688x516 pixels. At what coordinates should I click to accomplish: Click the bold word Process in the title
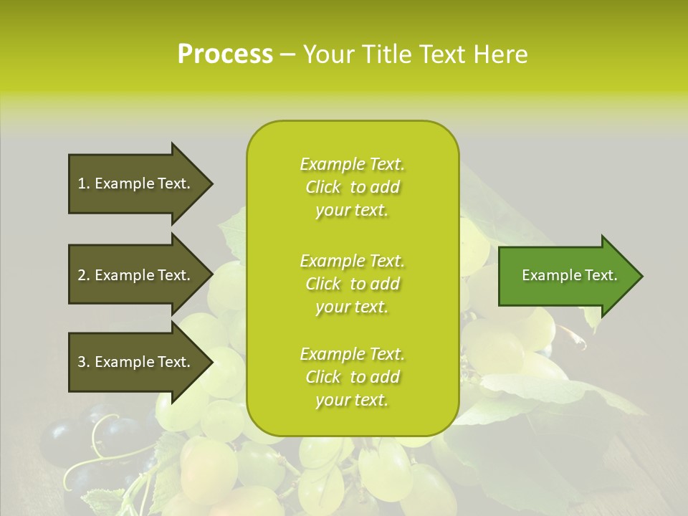tap(225, 54)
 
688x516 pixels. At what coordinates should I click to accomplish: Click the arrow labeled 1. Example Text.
tap(136, 183)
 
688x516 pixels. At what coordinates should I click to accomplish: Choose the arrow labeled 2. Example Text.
tap(136, 275)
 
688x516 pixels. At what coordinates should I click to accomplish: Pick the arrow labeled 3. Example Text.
tap(136, 362)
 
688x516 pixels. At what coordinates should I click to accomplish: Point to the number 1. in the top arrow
tap(84, 183)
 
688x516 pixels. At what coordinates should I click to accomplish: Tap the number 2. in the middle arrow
tap(84, 275)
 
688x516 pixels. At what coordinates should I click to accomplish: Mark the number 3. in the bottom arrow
tap(84, 362)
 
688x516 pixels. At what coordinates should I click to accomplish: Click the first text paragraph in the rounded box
tap(353, 187)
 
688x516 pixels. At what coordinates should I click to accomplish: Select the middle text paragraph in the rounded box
tap(353, 284)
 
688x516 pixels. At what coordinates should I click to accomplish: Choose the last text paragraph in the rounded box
tap(353, 377)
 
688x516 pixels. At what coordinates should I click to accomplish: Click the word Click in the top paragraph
tap(323, 187)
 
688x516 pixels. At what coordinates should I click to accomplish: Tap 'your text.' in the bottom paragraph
tap(352, 401)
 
